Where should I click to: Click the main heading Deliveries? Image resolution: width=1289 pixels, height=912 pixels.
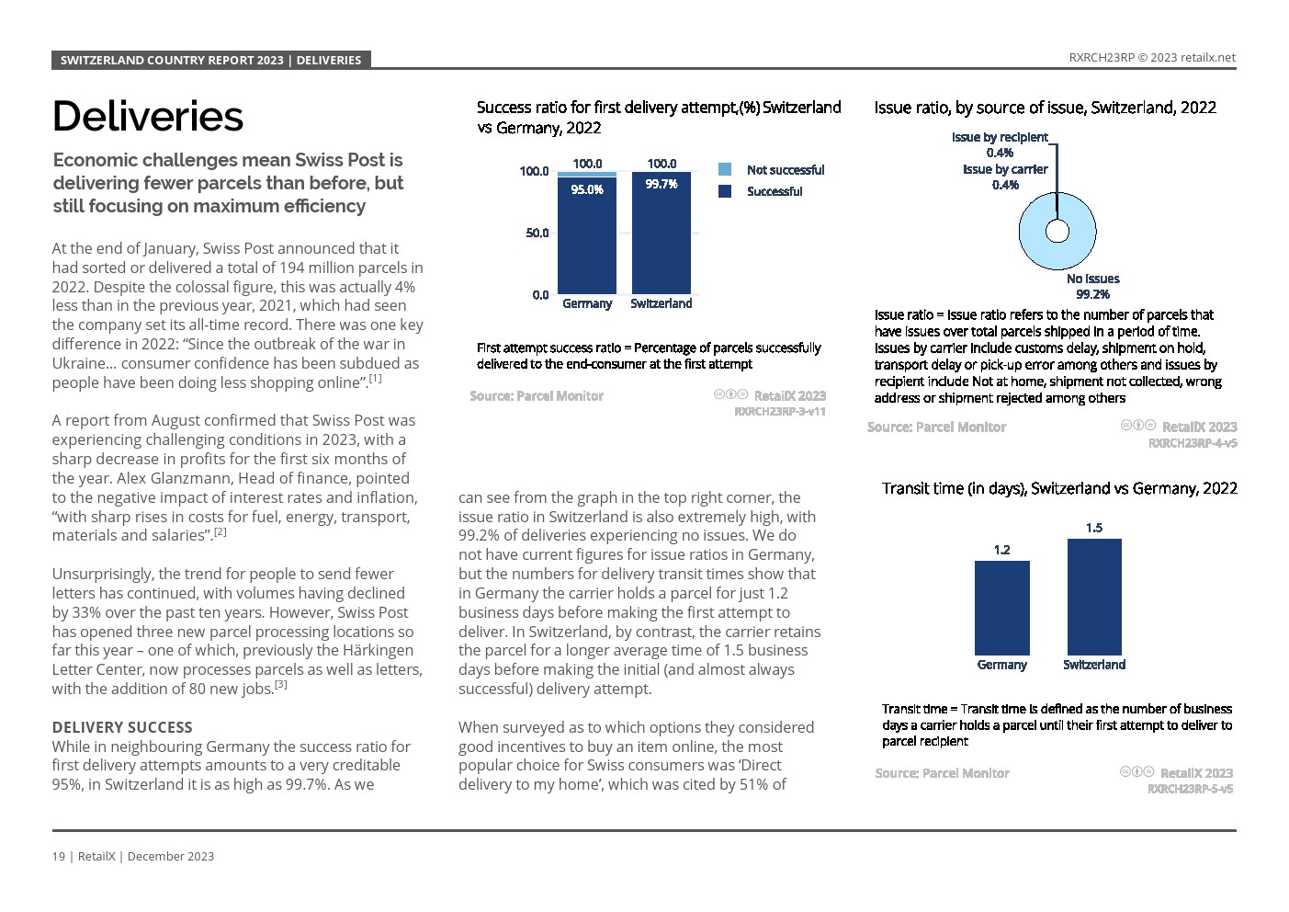[148, 117]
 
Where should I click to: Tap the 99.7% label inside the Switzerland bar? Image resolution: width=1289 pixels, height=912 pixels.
[661, 184]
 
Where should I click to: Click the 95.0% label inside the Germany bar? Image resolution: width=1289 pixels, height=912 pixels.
[587, 189]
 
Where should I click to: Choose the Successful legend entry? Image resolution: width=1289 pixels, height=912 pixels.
[774, 191]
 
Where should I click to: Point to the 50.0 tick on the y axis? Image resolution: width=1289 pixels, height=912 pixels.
[537, 233]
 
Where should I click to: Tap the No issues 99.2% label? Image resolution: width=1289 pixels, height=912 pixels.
[1092, 286]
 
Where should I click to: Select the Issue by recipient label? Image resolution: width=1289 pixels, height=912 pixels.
[1000, 137]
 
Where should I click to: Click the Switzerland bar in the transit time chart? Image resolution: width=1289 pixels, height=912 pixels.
[1094, 597]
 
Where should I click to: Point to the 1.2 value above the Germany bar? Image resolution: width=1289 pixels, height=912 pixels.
[1001, 550]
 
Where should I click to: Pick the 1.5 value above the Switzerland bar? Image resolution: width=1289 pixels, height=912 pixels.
[1094, 528]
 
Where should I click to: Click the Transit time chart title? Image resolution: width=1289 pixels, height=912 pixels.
[1059, 488]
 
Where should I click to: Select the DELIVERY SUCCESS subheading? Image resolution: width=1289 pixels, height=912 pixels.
[122, 727]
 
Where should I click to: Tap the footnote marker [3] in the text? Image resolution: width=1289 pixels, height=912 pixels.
[281, 685]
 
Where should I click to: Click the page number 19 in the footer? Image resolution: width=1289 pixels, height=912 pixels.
[59, 856]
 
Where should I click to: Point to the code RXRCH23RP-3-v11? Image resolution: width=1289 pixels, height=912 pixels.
[779, 411]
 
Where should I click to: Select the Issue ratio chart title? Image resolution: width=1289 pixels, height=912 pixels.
[1045, 108]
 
